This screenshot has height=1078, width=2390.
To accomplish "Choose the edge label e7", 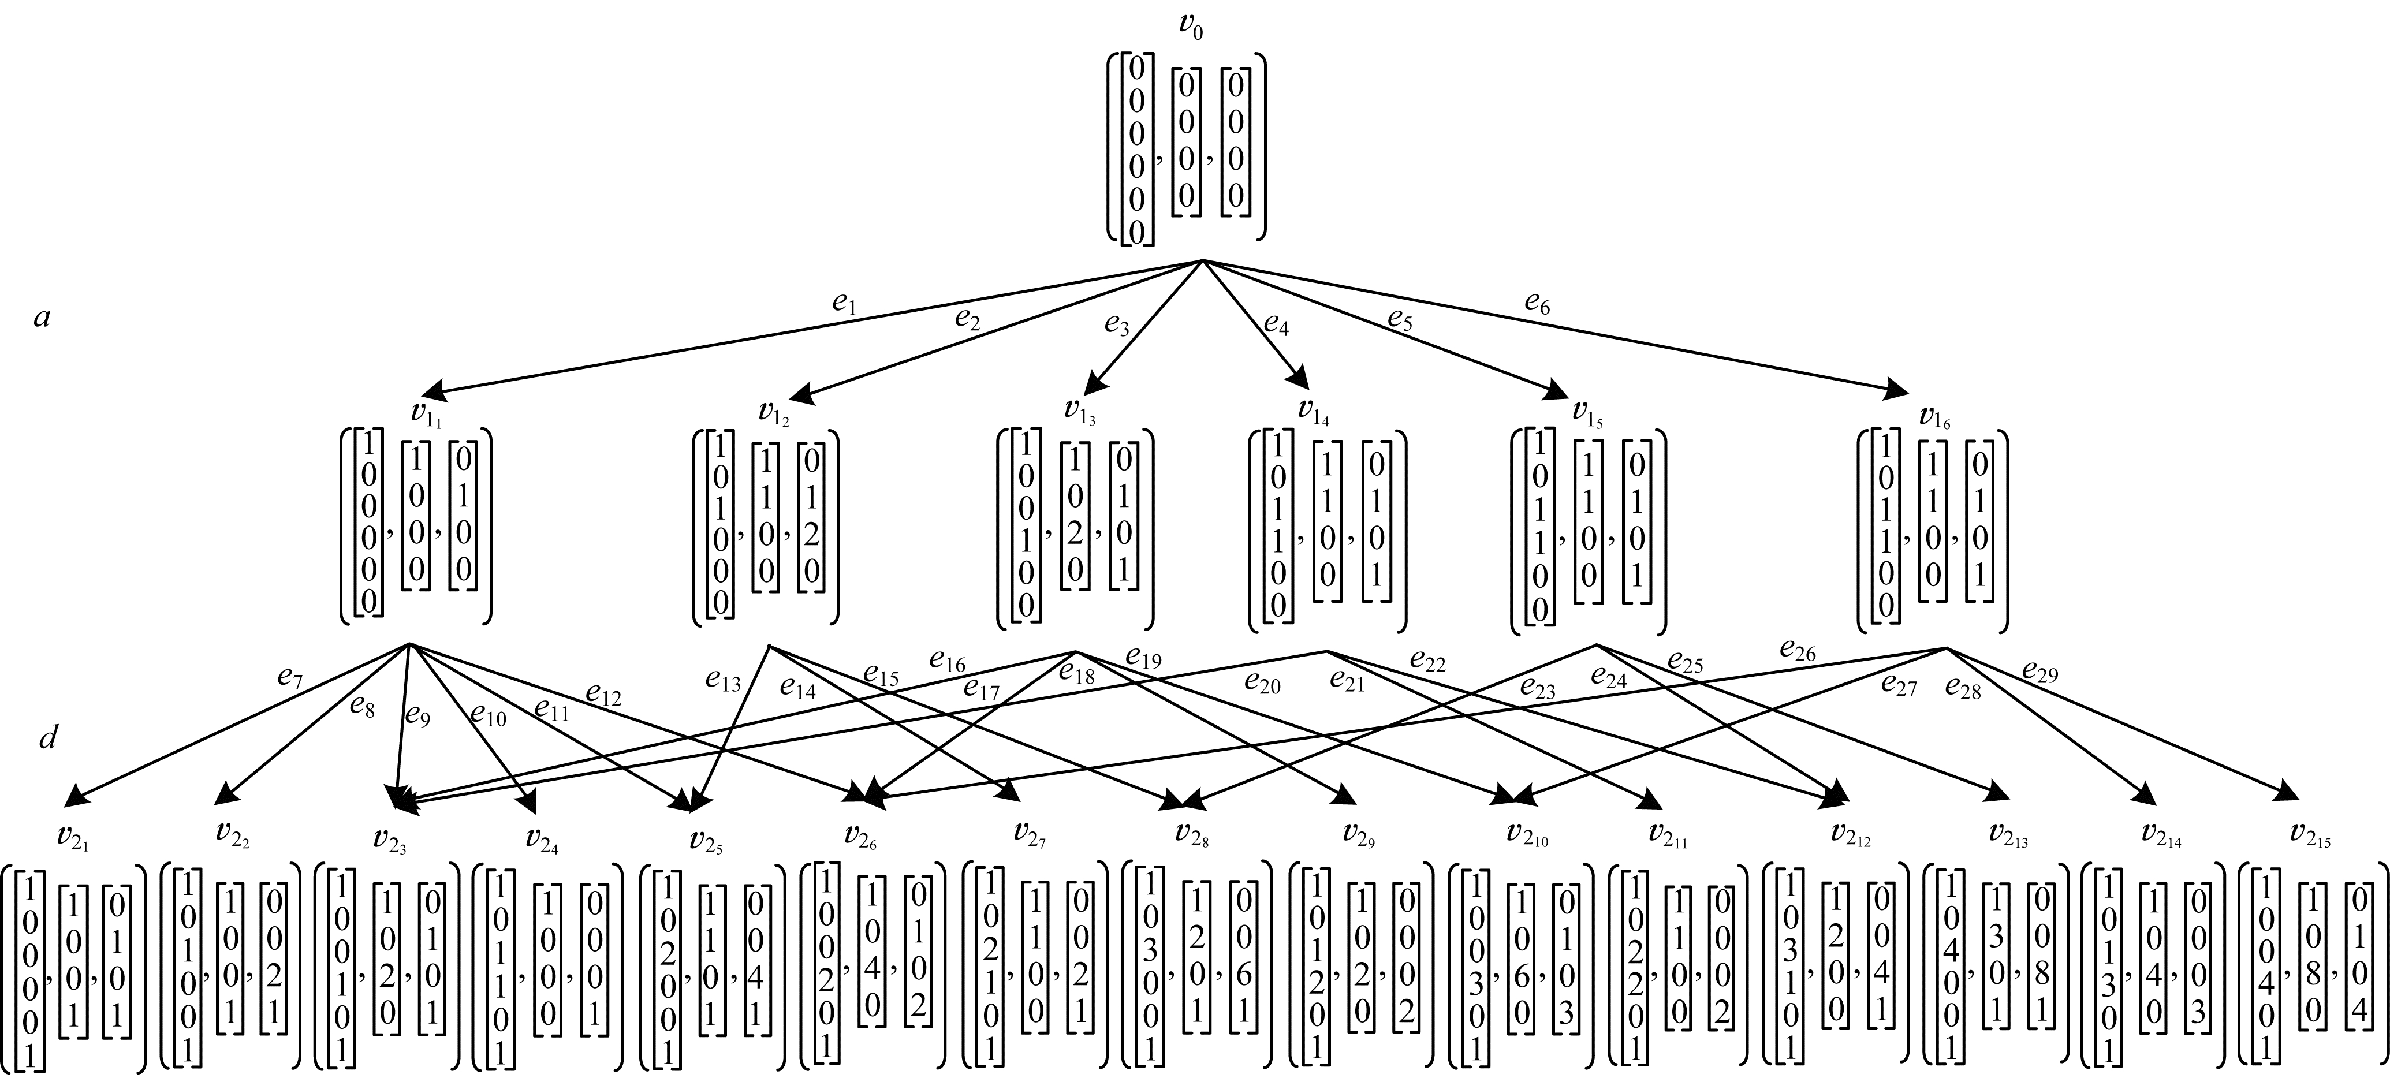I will click(x=290, y=676).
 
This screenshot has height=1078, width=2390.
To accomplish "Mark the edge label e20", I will click(x=1262, y=685).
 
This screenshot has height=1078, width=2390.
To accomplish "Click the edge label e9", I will click(x=417, y=715).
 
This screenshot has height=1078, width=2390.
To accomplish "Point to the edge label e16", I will click(x=947, y=662).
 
